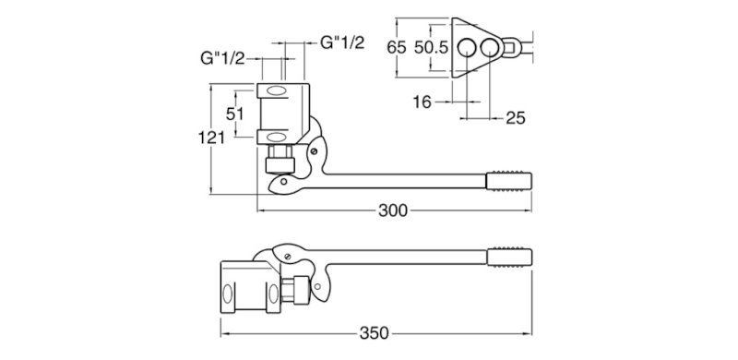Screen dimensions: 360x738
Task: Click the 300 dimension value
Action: (393, 210)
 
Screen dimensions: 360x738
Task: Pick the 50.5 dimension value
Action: (431, 46)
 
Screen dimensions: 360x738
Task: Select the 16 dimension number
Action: (422, 102)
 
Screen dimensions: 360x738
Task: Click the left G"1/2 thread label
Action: (222, 57)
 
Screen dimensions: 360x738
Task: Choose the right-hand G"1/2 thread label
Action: (342, 42)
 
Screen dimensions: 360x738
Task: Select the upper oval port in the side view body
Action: (277, 90)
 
